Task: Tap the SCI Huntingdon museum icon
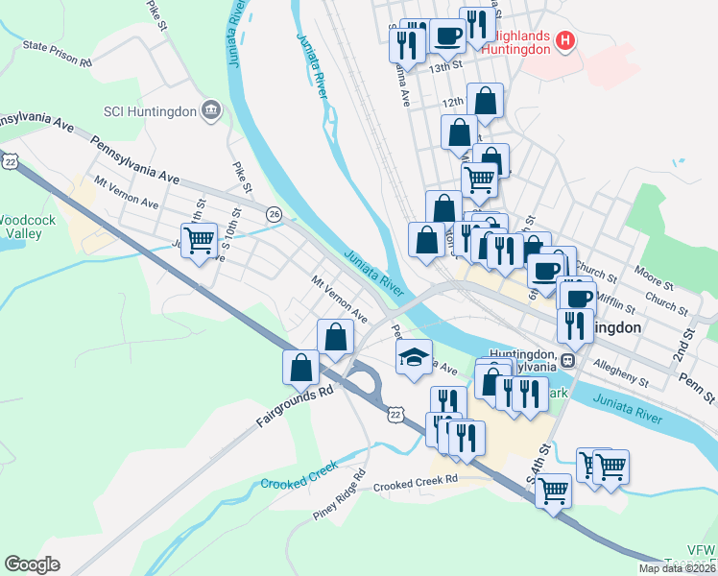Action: coord(210,110)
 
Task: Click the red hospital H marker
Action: coord(565,41)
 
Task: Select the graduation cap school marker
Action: coord(414,357)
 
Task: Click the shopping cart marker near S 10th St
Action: coord(199,239)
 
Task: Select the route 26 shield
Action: coord(275,213)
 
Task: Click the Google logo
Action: coord(33,564)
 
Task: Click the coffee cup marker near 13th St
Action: coord(447,36)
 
